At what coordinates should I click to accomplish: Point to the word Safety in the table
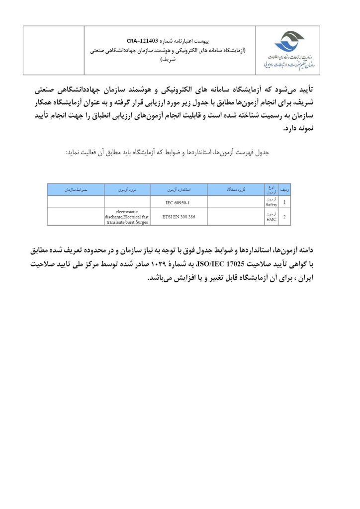point(271,204)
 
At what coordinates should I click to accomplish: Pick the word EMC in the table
point(271,219)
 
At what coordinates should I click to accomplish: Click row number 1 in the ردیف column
point(284,202)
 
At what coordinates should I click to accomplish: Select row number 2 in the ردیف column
point(284,217)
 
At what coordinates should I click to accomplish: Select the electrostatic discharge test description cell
point(127,217)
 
